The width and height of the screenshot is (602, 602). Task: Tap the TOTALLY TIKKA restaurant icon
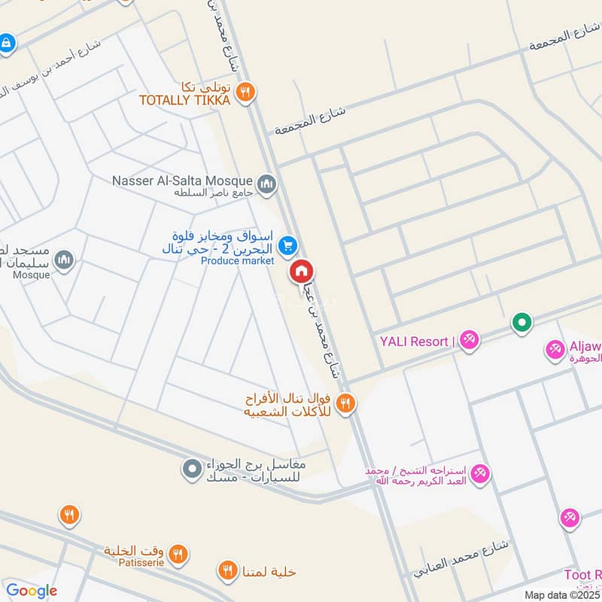click(x=245, y=93)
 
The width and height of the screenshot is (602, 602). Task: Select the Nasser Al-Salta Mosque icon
click(x=266, y=184)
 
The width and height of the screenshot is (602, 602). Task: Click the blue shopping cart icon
click(x=287, y=245)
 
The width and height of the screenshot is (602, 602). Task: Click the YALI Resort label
click(x=414, y=341)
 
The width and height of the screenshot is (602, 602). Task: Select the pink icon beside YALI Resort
click(x=470, y=341)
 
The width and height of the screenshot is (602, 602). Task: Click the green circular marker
click(x=521, y=324)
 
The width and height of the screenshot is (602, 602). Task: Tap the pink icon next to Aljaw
click(x=555, y=349)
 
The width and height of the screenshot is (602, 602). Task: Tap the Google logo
click(x=32, y=591)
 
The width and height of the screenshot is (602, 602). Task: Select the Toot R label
click(x=583, y=576)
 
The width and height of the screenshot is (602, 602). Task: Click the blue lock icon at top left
click(x=7, y=43)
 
